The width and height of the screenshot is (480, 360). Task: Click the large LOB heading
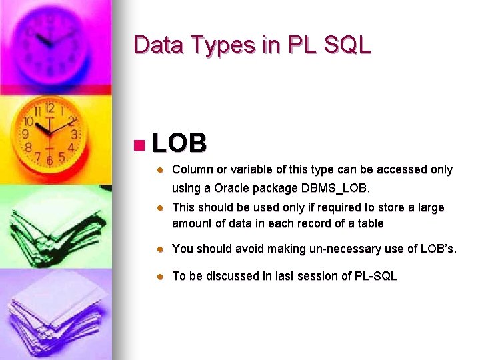coord(179,143)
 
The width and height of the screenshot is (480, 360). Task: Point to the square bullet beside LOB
coord(139,144)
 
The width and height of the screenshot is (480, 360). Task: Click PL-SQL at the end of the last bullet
coord(375,276)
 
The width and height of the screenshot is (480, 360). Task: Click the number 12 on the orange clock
coord(50,108)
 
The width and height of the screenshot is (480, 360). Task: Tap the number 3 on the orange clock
coord(74,134)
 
